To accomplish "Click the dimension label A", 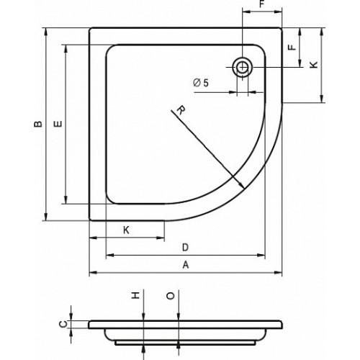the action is [186, 265].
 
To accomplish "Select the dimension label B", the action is [38, 124].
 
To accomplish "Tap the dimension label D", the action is [185, 247].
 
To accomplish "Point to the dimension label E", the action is [58, 124].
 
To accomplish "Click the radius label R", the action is [181, 110].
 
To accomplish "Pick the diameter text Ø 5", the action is [201, 83].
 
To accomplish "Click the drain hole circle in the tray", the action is [243, 67].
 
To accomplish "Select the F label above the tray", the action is [262, 4].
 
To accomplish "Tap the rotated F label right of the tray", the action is [292, 47].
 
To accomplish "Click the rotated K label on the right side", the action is [314, 65].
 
